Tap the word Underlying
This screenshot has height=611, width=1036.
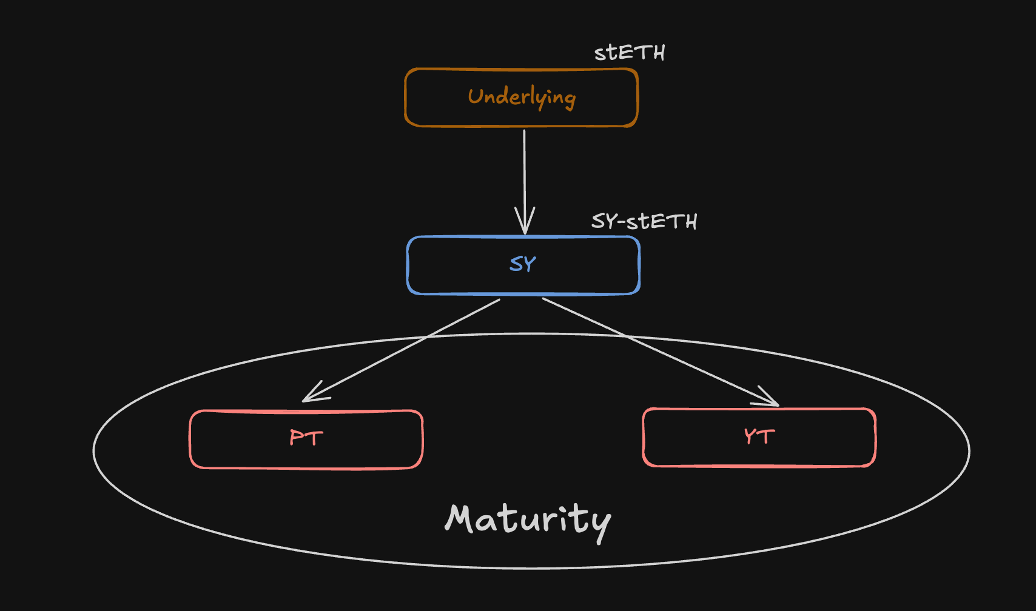[x=522, y=97]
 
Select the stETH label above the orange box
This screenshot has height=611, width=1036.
[x=630, y=53]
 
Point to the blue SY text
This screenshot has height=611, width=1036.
[x=523, y=264]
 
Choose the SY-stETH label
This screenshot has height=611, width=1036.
[x=644, y=221]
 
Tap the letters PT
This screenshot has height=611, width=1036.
[x=306, y=438]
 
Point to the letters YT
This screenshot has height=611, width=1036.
[x=759, y=436]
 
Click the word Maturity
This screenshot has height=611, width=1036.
[x=528, y=520]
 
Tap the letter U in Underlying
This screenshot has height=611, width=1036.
[x=476, y=96]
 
